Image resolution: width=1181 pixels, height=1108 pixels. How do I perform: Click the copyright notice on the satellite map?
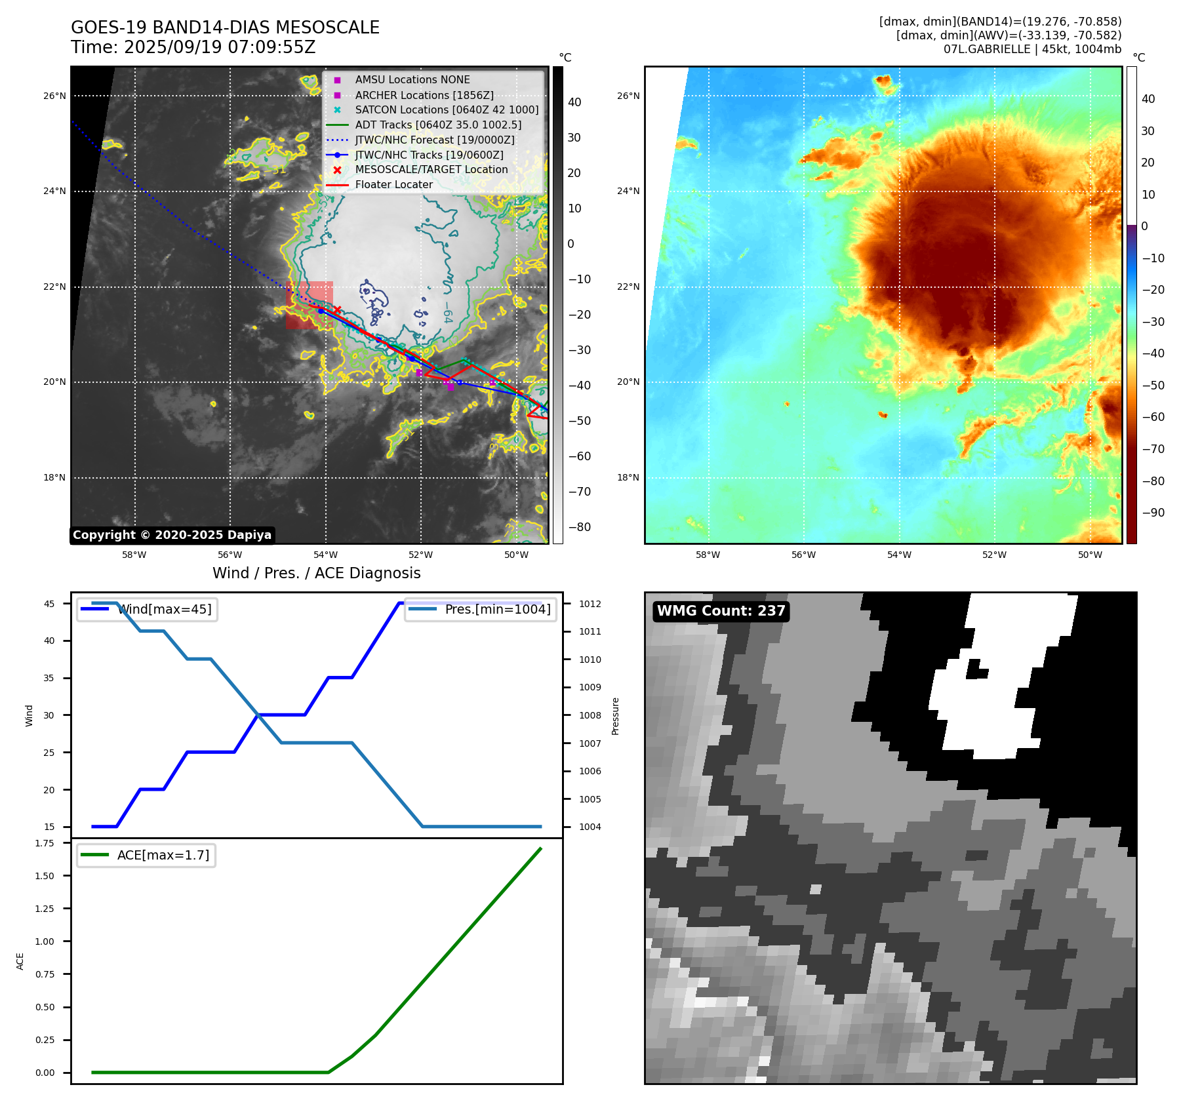click(x=172, y=535)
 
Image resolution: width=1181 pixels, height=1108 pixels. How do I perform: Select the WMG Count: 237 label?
click(x=721, y=611)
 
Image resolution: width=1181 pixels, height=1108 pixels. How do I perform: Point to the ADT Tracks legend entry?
click(x=438, y=125)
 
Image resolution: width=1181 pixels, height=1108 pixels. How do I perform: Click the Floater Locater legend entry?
click(x=393, y=185)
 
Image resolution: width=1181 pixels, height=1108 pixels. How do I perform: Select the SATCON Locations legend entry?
click(x=447, y=110)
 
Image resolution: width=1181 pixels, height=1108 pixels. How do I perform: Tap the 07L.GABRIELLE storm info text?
click(x=1032, y=49)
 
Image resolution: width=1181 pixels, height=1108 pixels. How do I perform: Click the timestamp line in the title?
click(x=193, y=48)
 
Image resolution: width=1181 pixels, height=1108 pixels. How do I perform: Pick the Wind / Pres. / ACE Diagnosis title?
click(x=317, y=574)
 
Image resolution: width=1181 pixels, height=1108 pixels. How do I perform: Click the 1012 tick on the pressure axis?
click(x=590, y=604)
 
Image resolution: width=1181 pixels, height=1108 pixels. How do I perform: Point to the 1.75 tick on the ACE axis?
click(x=45, y=843)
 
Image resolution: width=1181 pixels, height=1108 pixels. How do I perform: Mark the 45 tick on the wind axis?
click(x=49, y=604)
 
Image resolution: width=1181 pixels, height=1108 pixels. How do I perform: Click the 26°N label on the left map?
click(x=54, y=96)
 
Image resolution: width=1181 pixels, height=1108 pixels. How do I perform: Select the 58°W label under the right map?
click(x=708, y=555)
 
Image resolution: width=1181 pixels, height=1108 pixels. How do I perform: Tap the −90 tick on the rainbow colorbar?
click(x=1153, y=513)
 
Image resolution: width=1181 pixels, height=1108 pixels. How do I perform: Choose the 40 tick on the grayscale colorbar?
click(x=574, y=102)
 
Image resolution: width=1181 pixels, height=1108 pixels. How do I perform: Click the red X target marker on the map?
click(x=337, y=309)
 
